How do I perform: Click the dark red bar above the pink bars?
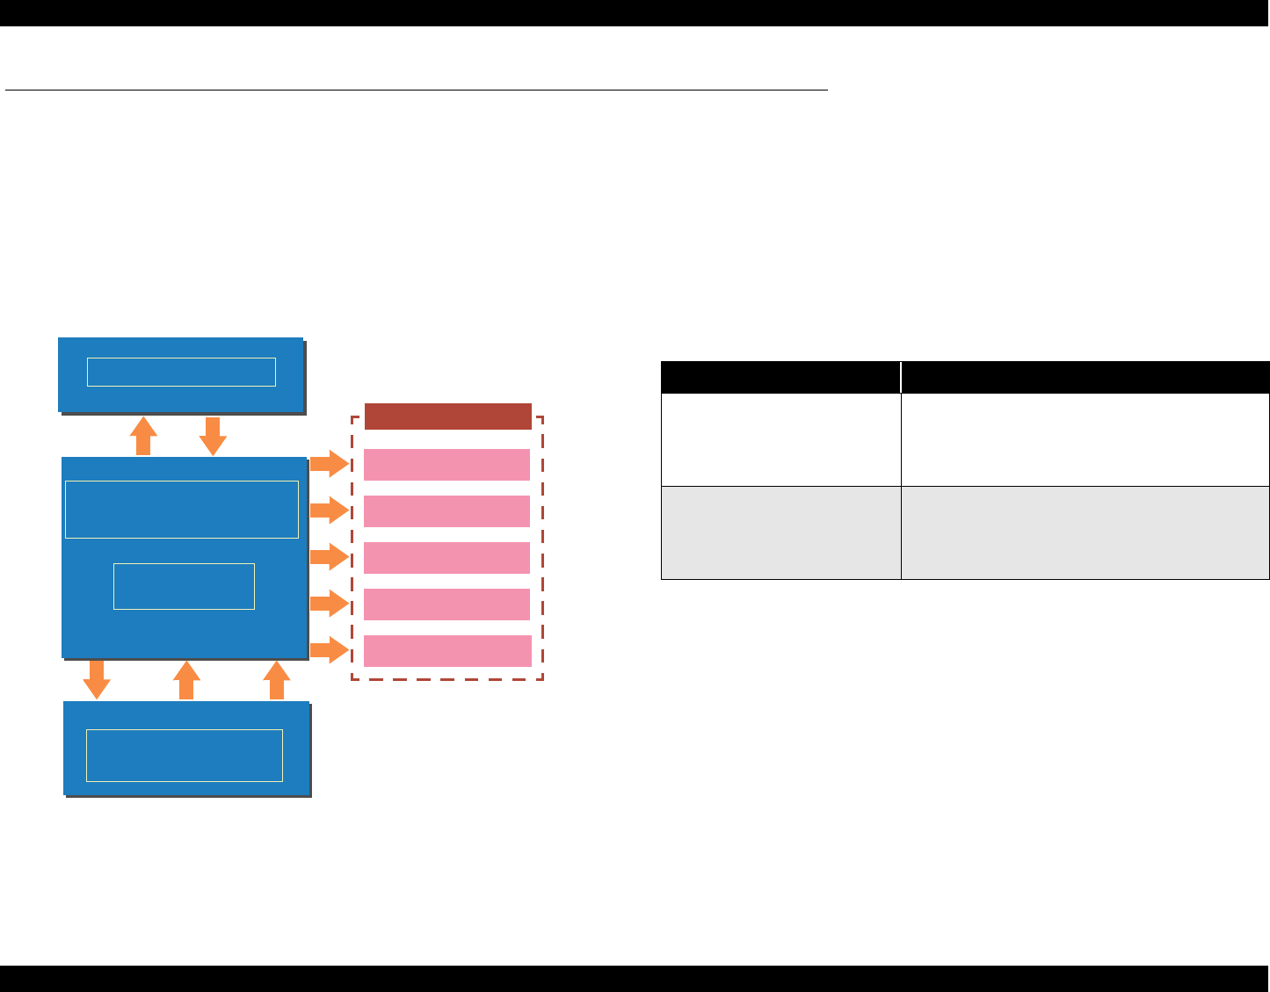click(447, 416)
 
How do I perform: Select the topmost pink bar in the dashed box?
click(446, 465)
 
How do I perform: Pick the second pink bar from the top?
click(446, 511)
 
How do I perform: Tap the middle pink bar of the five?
click(446, 558)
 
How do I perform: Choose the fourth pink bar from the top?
click(446, 605)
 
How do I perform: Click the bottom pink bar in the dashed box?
click(446, 651)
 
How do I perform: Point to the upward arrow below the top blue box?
click(143, 436)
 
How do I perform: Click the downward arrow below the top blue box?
click(213, 436)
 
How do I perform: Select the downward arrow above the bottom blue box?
click(97, 679)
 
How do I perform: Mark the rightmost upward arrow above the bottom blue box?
click(277, 680)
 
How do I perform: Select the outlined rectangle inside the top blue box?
click(181, 372)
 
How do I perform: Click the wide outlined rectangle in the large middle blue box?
click(182, 510)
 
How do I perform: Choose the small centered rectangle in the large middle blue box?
click(184, 586)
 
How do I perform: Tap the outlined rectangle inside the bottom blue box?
click(185, 756)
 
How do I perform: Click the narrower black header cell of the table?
click(780, 377)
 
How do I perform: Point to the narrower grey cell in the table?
click(780, 532)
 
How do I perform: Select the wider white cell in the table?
click(1085, 439)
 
